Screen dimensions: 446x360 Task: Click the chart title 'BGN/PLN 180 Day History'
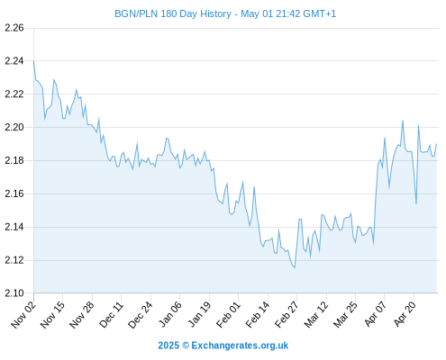(x=173, y=13)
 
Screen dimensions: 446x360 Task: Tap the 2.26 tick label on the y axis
(x=14, y=28)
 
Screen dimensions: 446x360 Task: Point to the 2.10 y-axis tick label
(x=14, y=293)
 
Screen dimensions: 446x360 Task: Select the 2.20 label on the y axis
(x=14, y=127)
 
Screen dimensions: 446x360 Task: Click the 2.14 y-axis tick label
(x=14, y=227)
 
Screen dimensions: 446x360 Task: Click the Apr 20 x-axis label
(x=405, y=314)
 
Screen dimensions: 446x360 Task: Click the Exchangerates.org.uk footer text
(x=240, y=346)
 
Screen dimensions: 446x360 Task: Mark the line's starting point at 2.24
(x=33, y=61)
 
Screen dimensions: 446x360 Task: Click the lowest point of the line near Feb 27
(x=295, y=267)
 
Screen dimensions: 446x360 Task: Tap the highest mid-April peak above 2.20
(x=403, y=121)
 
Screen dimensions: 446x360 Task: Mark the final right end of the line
(x=436, y=144)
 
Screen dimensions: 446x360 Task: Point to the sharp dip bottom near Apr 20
(x=416, y=203)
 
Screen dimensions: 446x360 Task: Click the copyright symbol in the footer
(x=186, y=346)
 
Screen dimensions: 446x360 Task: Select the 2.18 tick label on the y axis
(x=14, y=160)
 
